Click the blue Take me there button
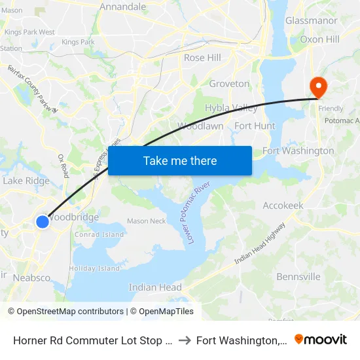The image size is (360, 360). (x=180, y=160)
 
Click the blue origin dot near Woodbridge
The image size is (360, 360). (x=43, y=222)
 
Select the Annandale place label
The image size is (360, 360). (x=122, y=7)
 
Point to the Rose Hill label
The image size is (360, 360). (x=202, y=58)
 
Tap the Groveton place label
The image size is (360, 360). (x=229, y=84)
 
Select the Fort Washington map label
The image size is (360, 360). (x=298, y=151)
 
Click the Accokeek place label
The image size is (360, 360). (x=283, y=206)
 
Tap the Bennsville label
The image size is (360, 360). (x=298, y=277)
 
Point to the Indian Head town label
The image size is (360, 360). (x=155, y=287)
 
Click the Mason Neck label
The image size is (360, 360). (x=146, y=221)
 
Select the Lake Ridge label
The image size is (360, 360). (x=26, y=181)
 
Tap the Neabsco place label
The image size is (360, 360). (x=31, y=278)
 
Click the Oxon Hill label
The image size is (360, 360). (x=319, y=39)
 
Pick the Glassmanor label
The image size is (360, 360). (x=311, y=21)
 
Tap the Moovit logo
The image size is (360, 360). (x=321, y=339)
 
